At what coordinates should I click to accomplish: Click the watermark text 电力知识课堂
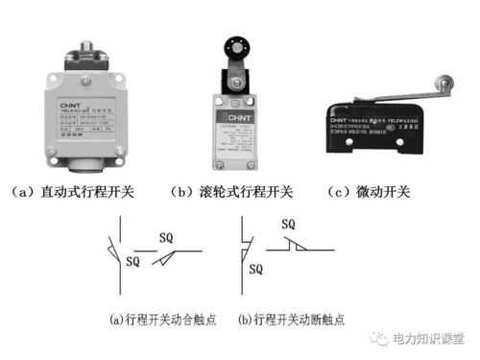tap(430, 339)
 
